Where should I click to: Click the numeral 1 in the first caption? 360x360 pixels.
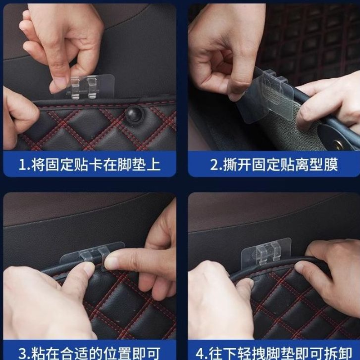point(22,165)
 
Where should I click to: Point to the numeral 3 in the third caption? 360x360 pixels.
point(23,354)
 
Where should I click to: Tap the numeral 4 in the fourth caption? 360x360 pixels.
point(200,354)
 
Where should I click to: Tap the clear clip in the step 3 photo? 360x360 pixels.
point(92,254)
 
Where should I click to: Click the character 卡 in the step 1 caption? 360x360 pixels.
point(96,165)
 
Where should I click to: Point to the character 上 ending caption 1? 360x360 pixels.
point(153,165)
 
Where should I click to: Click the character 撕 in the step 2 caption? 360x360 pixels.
point(230,165)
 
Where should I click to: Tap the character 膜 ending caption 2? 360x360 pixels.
point(331,165)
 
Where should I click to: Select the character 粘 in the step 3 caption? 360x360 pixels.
point(38,354)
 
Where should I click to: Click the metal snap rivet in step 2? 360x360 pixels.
point(338,145)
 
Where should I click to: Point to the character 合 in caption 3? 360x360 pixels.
point(67,354)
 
